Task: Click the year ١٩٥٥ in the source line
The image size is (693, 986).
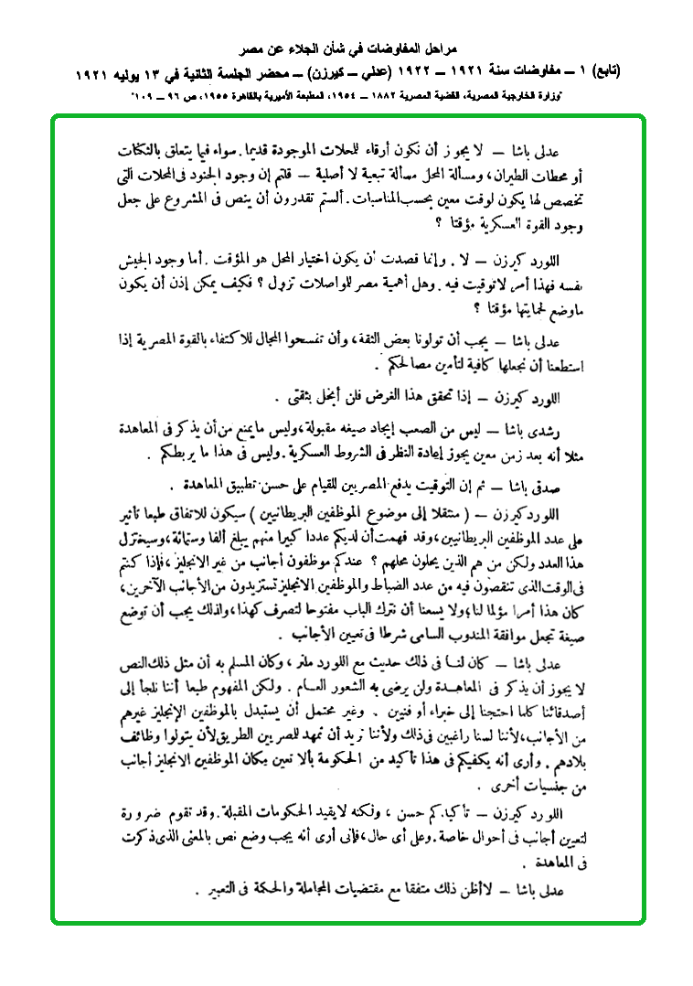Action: click(229, 95)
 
